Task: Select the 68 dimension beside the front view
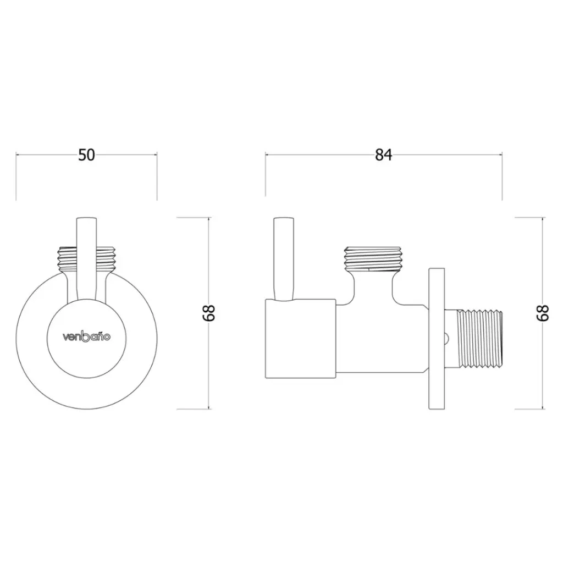point(208,313)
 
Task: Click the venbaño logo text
point(86,337)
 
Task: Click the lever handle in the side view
point(284,258)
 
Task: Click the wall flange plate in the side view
point(437,339)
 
